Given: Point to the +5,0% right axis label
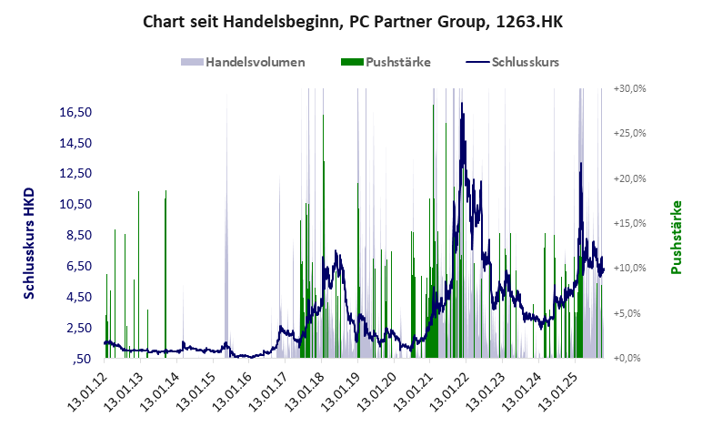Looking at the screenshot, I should (630, 313).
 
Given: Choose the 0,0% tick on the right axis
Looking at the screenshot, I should (630, 358).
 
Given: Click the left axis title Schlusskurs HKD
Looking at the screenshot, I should (28, 243).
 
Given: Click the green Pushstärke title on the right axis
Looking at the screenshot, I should (677, 237).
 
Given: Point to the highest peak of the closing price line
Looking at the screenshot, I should (462, 103).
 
